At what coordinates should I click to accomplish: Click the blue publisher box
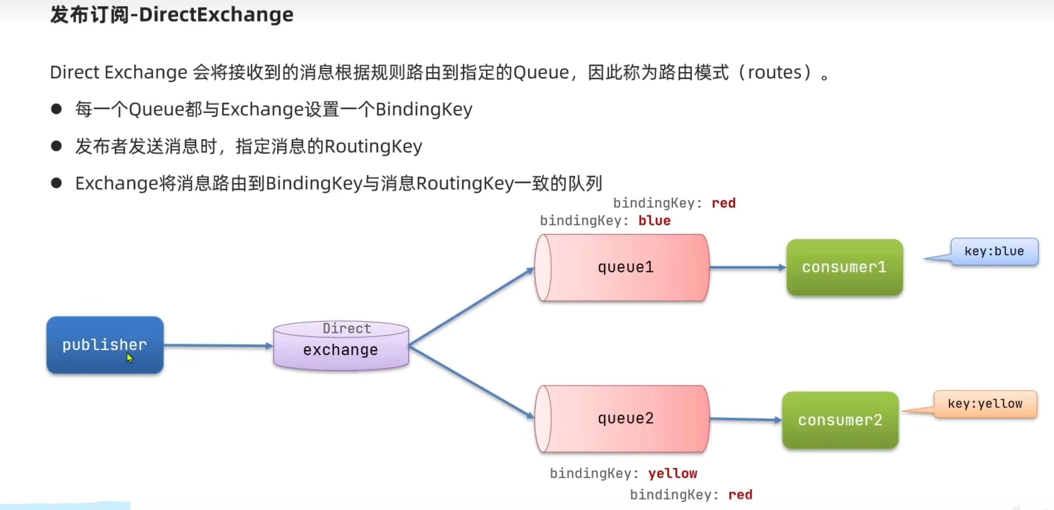pyautogui.click(x=105, y=345)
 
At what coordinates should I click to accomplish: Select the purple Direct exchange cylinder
pyautogui.click(x=341, y=346)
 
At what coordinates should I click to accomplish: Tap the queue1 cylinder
pyautogui.click(x=622, y=268)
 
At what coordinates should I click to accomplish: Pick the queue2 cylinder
pyautogui.click(x=622, y=419)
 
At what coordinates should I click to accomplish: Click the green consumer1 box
pyautogui.click(x=845, y=267)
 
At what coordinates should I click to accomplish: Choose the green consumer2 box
pyautogui.click(x=840, y=420)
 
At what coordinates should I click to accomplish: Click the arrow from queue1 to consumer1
pyautogui.click(x=748, y=267)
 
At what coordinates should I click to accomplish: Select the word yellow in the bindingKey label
pyautogui.click(x=673, y=474)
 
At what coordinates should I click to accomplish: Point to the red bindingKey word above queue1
pyautogui.click(x=723, y=203)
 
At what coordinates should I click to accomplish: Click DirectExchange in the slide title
pyautogui.click(x=216, y=15)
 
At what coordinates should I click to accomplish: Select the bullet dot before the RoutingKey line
pyautogui.click(x=56, y=146)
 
